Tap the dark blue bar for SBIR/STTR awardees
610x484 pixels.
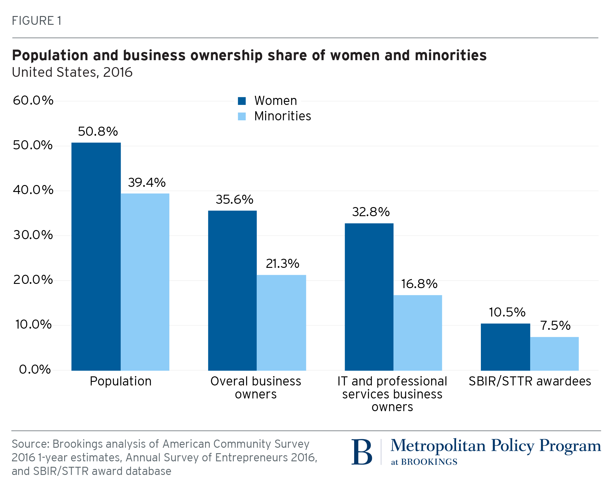click(x=505, y=347)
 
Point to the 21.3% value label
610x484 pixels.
click(x=282, y=264)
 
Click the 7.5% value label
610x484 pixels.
click(x=555, y=326)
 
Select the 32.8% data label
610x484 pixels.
click(x=371, y=212)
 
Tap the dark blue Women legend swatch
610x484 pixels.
click(x=242, y=101)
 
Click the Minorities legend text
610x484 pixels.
click(x=282, y=116)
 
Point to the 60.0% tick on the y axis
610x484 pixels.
click(x=33, y=100)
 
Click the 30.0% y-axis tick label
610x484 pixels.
click(x=33, y=235)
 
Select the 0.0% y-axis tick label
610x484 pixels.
click(x=35, y=369)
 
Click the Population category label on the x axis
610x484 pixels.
click(x=121, y=381)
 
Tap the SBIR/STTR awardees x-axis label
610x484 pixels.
click(x=530, y=381)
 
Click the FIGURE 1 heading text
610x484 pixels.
click(x=37, y=21)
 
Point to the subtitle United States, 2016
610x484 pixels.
click(x=72, y=72)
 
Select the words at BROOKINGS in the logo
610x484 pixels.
click(x=424, y=462)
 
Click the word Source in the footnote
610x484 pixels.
click(x=30, y=444)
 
